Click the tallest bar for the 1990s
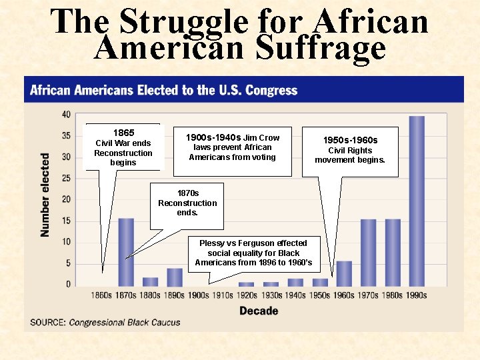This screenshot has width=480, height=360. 417,200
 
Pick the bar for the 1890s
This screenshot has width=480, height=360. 175,277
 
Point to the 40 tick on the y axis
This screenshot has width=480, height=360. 66,115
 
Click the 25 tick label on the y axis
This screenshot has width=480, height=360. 66,178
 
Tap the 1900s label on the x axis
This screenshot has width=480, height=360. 199,295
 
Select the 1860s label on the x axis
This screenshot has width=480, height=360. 102,295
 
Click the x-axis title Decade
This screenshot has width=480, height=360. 259,311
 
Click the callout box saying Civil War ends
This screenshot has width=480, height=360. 123,147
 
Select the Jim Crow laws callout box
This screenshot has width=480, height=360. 233,151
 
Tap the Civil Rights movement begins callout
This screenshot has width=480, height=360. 350,151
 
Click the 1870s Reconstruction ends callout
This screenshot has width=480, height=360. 187,203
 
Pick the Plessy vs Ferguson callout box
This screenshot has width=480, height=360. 253,253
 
